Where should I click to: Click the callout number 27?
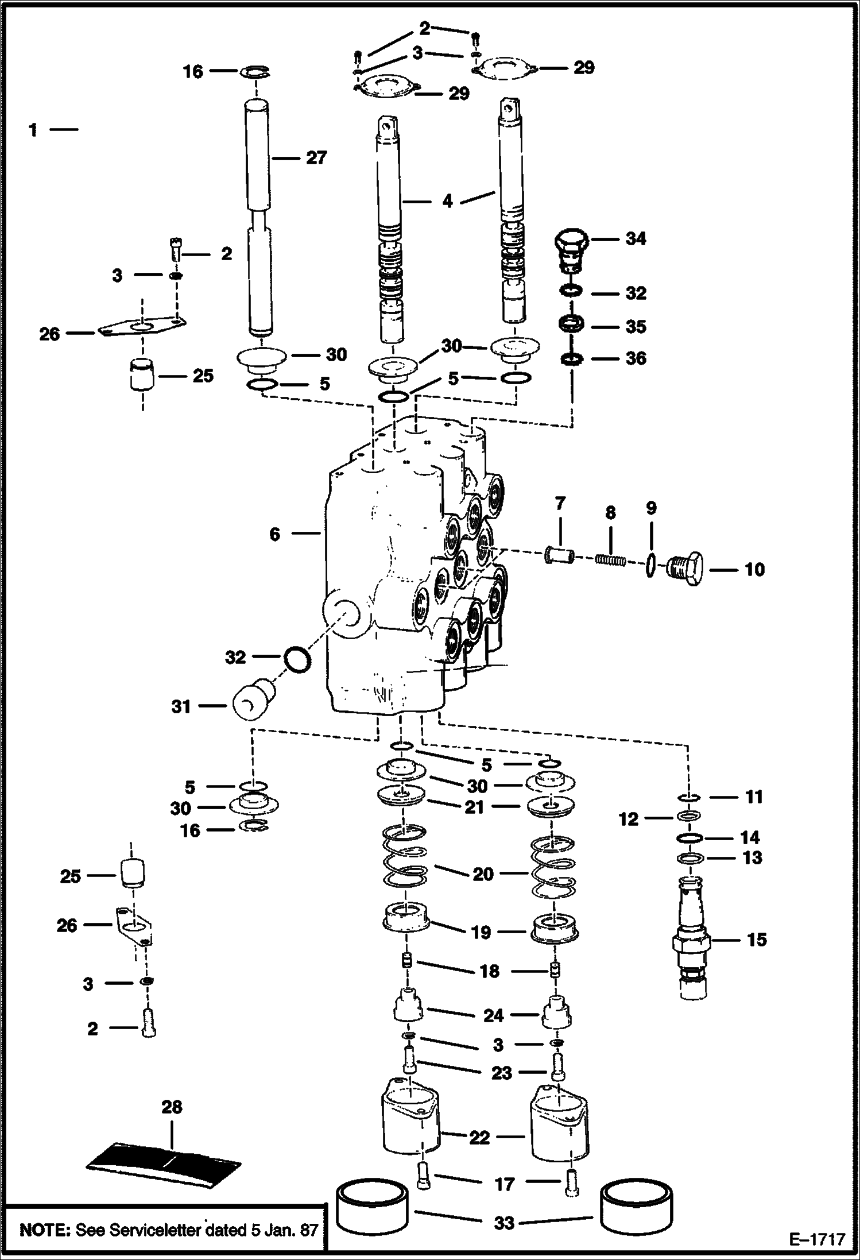(316, 157)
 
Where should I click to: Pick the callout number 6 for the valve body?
(275, 534)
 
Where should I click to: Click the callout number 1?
(33, 130)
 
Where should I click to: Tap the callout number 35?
(636, 326)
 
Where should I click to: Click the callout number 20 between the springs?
(482, 874)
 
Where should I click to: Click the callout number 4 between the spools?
(447, 201)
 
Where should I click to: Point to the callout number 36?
(635, 358)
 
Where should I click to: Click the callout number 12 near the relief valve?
(629, 819)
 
